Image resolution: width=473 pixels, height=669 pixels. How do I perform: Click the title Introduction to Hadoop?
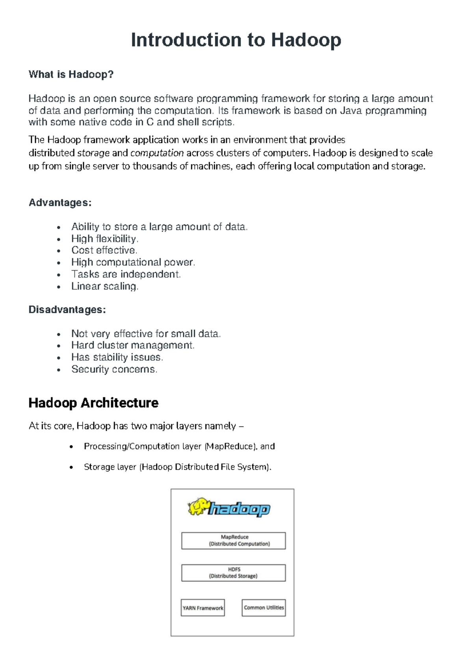click(236, 40)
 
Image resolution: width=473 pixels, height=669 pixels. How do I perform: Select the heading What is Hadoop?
click(71, 75)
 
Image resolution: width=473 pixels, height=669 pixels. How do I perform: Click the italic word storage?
click(93, 153)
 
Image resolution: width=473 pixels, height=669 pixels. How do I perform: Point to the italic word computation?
click(157, 153)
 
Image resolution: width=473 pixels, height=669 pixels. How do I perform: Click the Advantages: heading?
click(60, 203)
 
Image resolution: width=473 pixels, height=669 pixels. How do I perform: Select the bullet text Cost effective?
click(104, 250)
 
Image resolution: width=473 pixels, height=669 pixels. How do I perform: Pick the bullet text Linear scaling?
click(104, 286)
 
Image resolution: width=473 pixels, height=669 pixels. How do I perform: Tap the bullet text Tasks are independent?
click(126, 274)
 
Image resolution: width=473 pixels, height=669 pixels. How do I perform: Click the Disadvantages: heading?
click(67, 310)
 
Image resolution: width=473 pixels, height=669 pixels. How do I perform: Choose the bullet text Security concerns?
click(114, 369)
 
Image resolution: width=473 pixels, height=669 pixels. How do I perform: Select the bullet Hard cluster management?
click(133, 346)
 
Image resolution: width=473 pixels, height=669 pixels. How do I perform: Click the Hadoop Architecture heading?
click(93, 403)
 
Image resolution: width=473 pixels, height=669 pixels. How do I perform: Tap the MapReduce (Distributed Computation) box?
click(233, 541)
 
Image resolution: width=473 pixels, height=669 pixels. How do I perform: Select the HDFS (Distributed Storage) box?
click(233, 573)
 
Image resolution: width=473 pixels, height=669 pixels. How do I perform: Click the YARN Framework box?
click(203, 608)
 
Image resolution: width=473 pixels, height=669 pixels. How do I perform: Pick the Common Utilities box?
click(264, 608)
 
